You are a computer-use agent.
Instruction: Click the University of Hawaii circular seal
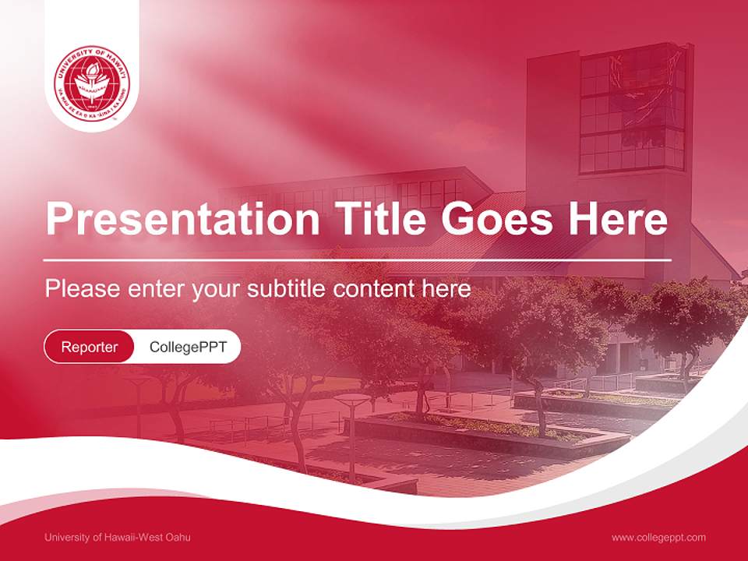(x=92, y=83)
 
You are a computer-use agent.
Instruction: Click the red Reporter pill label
(x=90, y=347)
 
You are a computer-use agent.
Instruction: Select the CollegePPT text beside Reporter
(x=188, y=347)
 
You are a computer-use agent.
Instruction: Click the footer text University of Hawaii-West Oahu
(x=118, y=537)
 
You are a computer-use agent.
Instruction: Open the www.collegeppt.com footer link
(x=658, y=537)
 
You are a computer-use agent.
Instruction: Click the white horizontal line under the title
(x=358, y=259)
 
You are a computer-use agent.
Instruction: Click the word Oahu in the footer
(x=178, y=537)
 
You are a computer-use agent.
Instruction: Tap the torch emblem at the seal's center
(x=92, y=79)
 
